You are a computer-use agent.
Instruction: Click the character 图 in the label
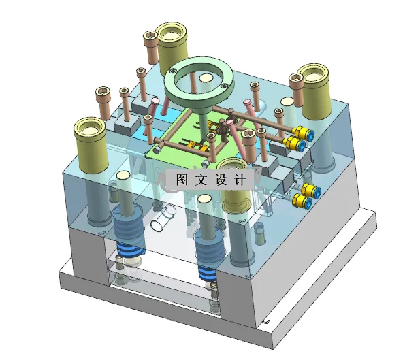(x=182, y=180)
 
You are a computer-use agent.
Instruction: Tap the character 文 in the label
(x=202, y=180)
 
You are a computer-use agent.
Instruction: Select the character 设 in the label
(x=223, y=180)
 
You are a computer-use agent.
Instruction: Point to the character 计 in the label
(x=244, y=180)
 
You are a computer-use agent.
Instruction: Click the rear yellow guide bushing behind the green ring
(x=172, y=42)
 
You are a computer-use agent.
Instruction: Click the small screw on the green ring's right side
(x=224, y=85)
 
